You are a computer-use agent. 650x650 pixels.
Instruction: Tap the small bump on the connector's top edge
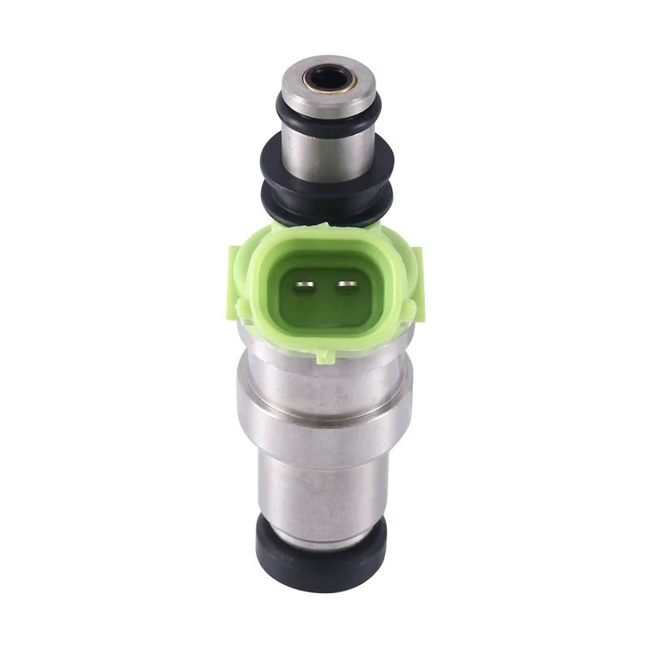pyautogui.click(x=325, y=231)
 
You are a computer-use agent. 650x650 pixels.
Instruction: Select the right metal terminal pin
pyautogui.click(x=347, y=285)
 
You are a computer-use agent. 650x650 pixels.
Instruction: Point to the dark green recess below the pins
pyautogui.click(x=325, y=313)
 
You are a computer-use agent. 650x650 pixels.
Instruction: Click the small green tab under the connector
pyautogui.click(x=325, y=355)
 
